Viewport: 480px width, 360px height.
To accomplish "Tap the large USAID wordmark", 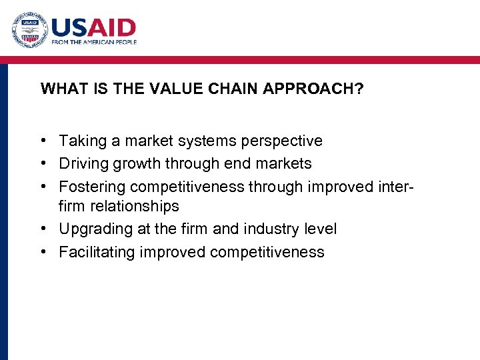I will pos(93,28).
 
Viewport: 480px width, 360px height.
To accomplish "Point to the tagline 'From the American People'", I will pos(94,42).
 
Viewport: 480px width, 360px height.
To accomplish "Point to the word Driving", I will pos(83,163).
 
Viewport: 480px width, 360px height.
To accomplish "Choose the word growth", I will pos(137,163).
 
